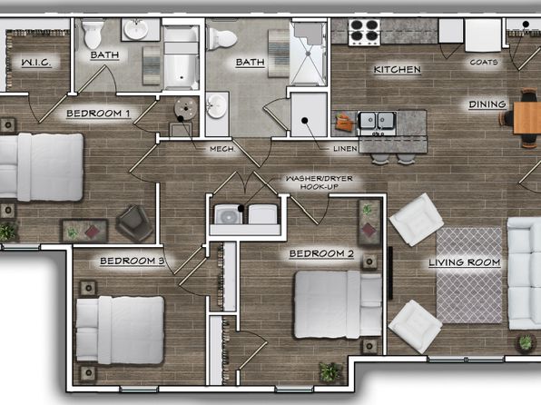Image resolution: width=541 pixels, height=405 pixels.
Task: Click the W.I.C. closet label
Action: (36, 63)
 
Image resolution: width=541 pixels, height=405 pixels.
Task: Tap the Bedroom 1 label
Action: (98, 114)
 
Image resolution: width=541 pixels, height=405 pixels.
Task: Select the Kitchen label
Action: (397, 69)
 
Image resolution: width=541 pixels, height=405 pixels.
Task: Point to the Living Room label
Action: (465, 262)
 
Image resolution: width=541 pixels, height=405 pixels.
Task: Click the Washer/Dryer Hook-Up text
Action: (320, 183)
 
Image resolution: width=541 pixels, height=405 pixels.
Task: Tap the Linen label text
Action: (345, 149)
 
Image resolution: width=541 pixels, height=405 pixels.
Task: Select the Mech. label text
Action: (222, 149)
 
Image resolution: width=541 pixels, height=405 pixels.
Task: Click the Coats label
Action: (484, 62)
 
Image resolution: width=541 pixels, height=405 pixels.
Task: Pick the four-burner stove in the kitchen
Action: (364, 32)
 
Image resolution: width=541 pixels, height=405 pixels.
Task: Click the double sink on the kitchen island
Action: (377, 121)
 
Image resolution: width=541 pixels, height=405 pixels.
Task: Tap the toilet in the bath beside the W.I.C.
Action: (93, 34)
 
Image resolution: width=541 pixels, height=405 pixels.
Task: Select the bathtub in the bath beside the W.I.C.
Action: (181, 57)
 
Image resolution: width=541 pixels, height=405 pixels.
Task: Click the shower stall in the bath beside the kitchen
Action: (308, 54)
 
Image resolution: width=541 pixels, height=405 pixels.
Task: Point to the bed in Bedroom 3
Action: (120, 330)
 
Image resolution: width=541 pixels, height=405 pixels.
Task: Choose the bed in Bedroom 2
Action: (338, 304)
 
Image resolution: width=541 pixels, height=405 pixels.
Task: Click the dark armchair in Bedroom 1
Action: (134, 222)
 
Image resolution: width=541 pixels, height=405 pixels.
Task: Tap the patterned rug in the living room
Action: (469, 275)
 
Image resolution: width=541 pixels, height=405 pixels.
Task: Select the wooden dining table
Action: (527, 118)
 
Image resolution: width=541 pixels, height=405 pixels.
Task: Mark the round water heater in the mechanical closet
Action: (186, 109)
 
